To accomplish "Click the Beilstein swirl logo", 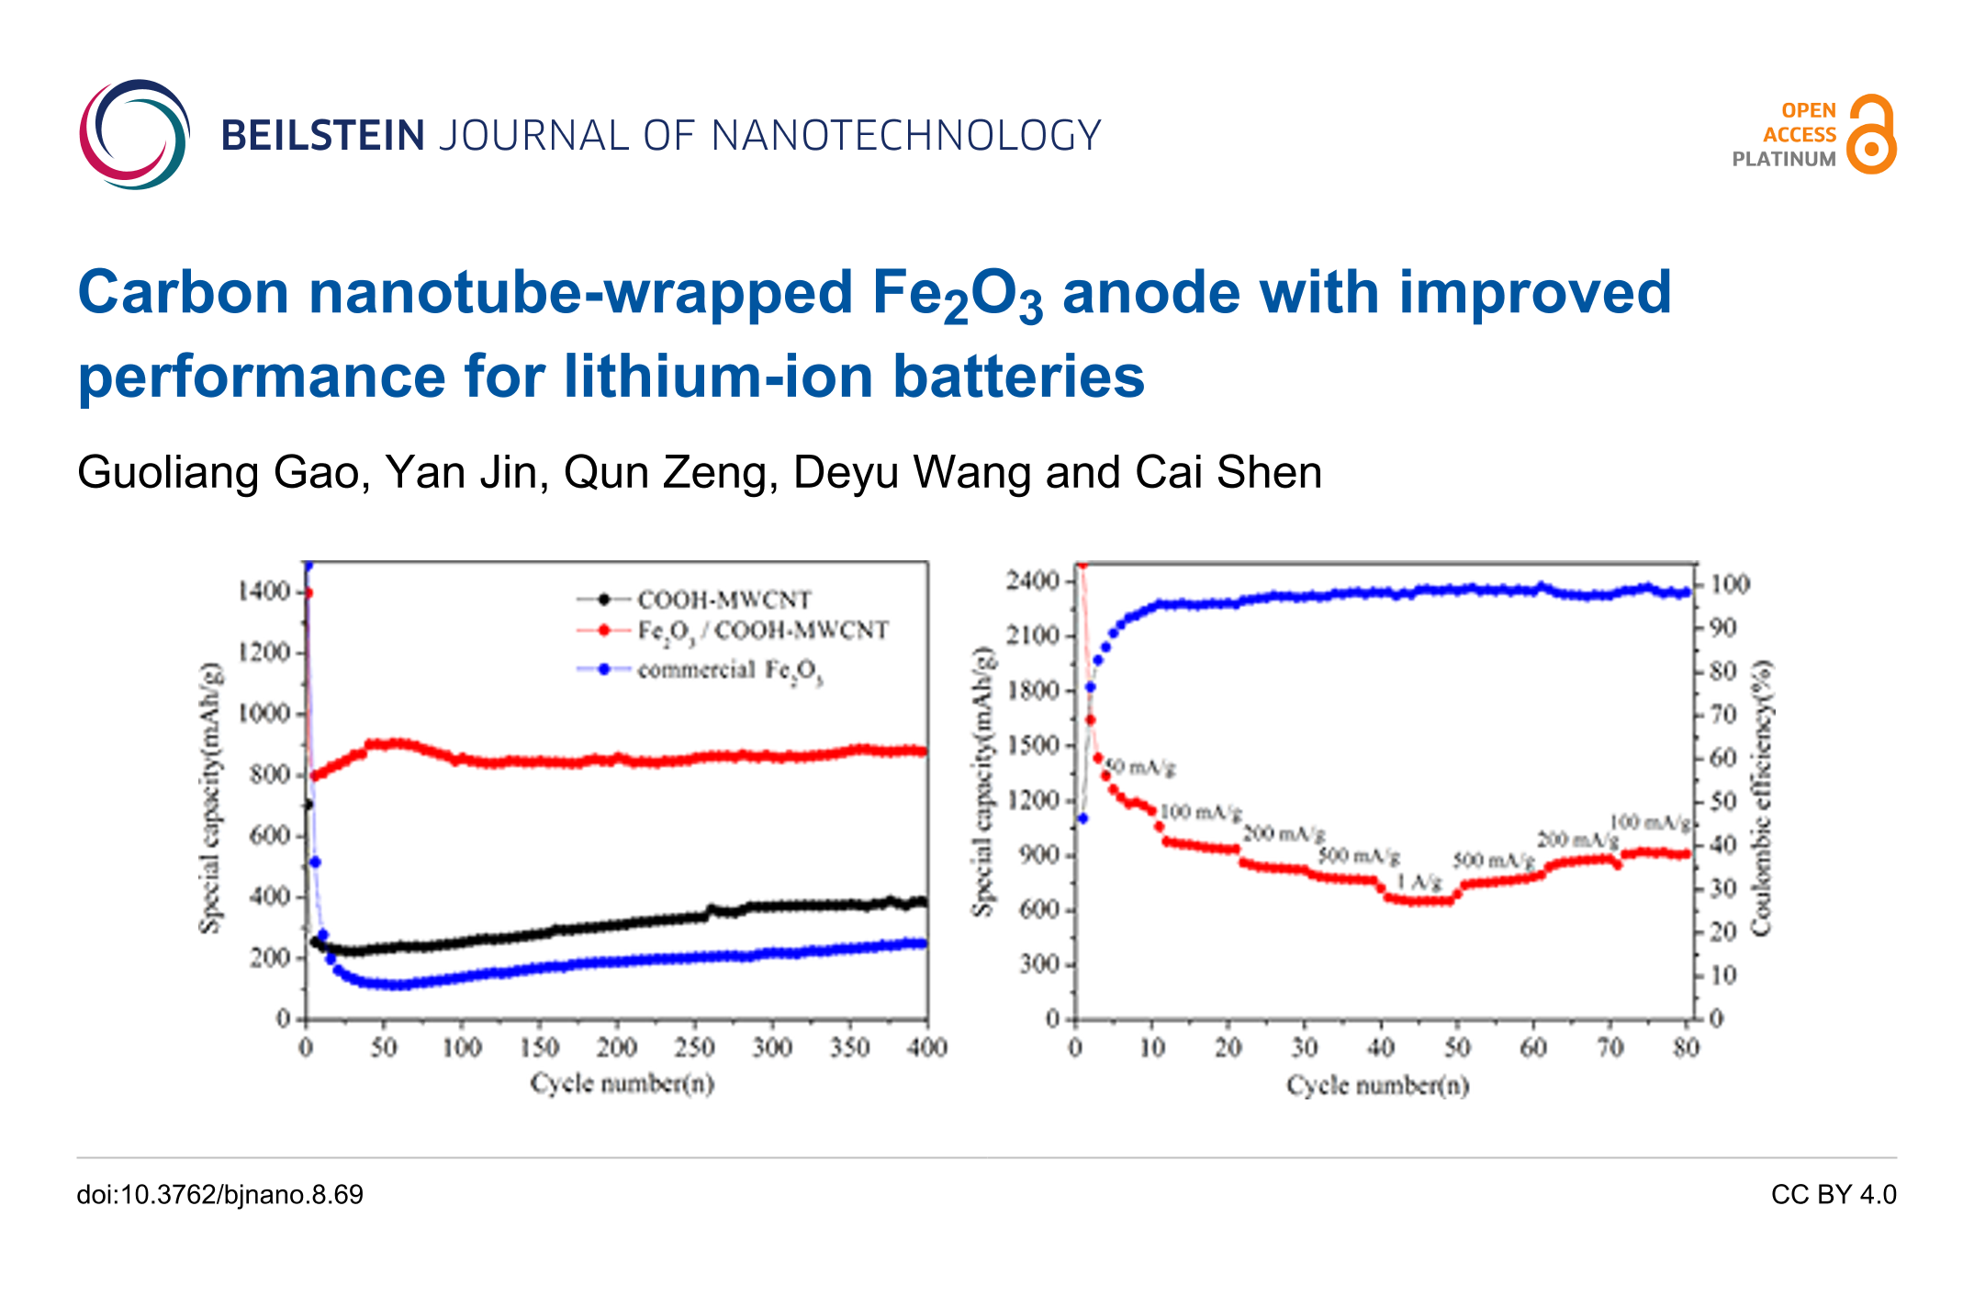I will tap(135, 134).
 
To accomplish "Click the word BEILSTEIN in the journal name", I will tap(322, 136).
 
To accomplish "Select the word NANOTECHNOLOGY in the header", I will tap(906, 136).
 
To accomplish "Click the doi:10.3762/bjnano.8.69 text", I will tap(219, 1194).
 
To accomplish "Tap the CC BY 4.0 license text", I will tap(1834, 1194).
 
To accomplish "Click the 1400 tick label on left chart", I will tap(264, 592).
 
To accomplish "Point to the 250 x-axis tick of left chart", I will tap(694, 1047).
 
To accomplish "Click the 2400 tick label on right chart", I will tap(1033, 580).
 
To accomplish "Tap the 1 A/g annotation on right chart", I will tap(1419, 883).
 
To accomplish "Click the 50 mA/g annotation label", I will tap(1140, 767).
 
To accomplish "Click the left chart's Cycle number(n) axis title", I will tap(622, 1084).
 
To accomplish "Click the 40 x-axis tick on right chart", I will tap(1381, 1047).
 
